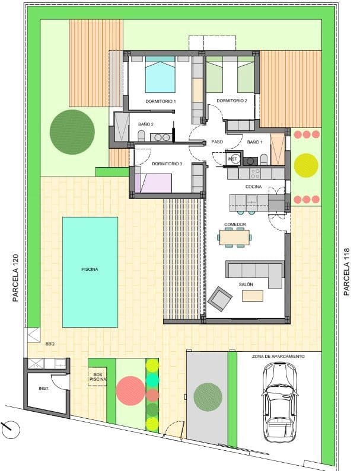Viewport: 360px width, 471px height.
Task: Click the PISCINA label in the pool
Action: pos(90,269)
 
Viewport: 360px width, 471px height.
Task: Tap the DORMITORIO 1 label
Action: pos(160,102)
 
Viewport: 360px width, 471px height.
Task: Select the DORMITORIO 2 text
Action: pos(231,101)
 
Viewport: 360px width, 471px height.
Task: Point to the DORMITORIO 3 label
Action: pos(167,164)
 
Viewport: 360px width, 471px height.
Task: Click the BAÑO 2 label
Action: pos(146,124)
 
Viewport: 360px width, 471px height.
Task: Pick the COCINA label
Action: pos(254,187)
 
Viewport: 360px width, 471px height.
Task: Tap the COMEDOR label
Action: pos(235,224)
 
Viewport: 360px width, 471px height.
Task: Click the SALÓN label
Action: pos(246,285)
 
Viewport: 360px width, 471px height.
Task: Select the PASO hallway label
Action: pos(216,142)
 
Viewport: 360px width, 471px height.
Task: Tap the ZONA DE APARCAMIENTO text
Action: pos(278,357)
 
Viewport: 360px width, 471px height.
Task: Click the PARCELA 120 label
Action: pos(16,278)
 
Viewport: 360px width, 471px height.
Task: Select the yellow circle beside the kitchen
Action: pos(306,165)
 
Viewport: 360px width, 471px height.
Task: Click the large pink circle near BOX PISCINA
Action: pos(129,390)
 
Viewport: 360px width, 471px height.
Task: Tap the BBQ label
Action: pos(49,343)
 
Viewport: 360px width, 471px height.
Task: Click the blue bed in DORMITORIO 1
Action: pos(160,75)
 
